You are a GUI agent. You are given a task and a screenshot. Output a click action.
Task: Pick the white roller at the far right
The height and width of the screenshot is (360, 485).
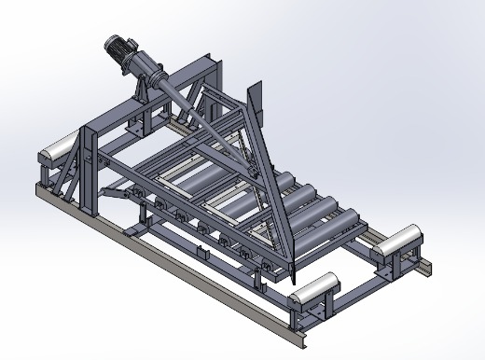[401, 242]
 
